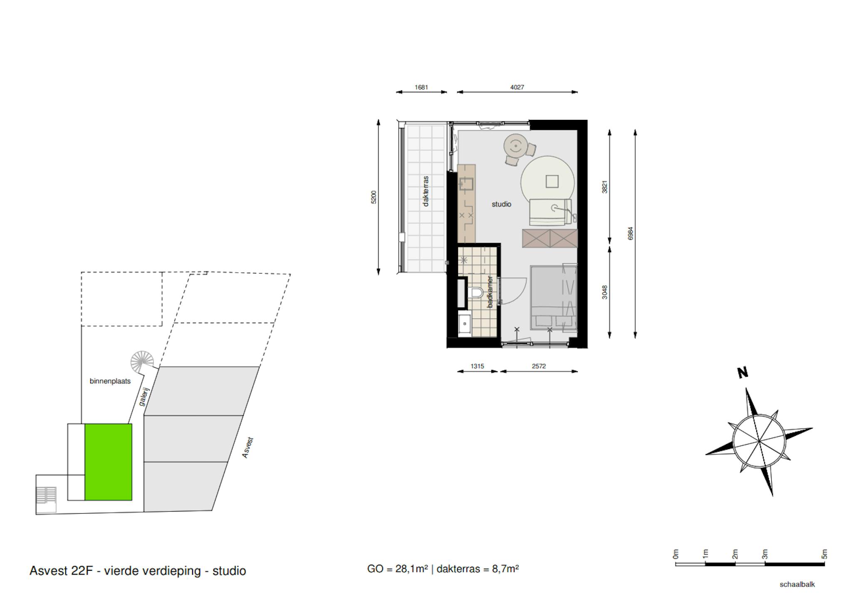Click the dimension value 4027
click(x=517, y=87)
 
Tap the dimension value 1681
click(x=421, y=87)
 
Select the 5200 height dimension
click(x=374, y=197)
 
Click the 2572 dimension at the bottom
click(x=539, y=366)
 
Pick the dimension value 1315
click(x=477, y=366)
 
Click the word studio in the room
click(x=501, y=204)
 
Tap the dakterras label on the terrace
click(x=425, y=191)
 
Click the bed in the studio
click(x=554, y=298)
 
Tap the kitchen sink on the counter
click(x=466, y=184)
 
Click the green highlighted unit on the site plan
click(x=108, y=462)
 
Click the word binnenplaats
click(x=110, y=381)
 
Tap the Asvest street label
click(x=248, y=448)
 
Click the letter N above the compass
click(x=743, y=373)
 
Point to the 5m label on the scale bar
click(x=824, y=554)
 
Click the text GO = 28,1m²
click(x=397, y=569)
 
